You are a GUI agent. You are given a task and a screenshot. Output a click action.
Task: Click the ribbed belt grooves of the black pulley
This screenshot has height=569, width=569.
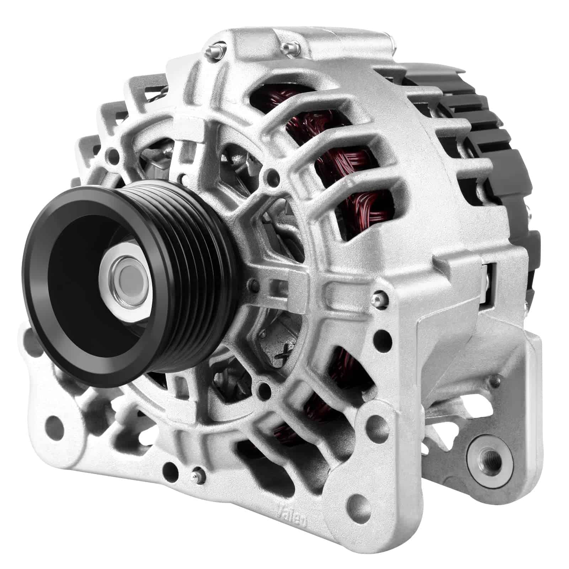coord(199,270)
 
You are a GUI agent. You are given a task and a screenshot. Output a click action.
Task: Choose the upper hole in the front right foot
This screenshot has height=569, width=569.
coord(384,336)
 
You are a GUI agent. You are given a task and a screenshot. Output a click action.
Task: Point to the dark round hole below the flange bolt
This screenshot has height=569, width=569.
coord(384,336)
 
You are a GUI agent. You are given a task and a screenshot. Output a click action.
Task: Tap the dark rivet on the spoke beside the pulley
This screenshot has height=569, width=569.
coord(253,283)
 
